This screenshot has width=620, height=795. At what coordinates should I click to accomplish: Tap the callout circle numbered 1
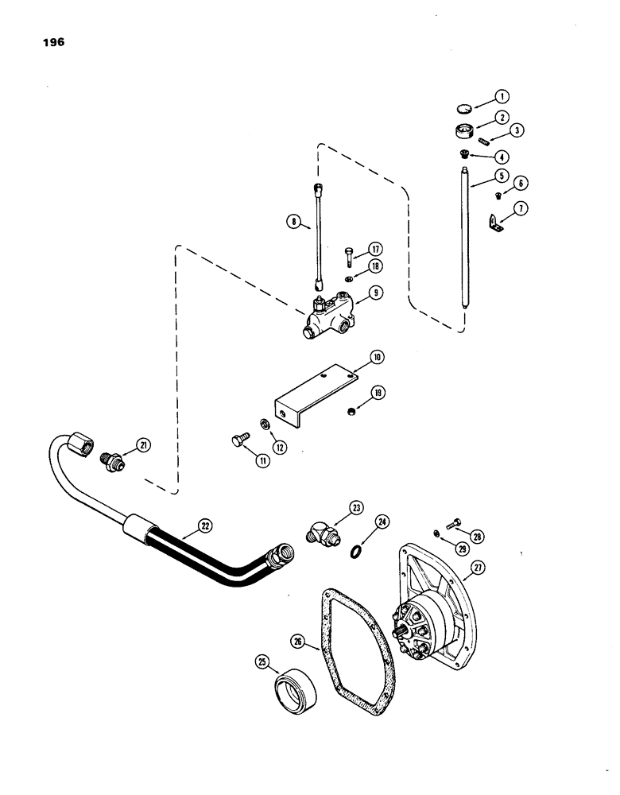(501, 97)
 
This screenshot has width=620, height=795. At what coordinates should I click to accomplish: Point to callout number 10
(377, 359)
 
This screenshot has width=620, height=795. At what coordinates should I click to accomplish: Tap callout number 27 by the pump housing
(499, 568)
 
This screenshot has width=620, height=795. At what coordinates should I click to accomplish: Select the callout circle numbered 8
(296, 225)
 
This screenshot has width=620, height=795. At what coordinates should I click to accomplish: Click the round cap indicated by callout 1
(466, 108)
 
